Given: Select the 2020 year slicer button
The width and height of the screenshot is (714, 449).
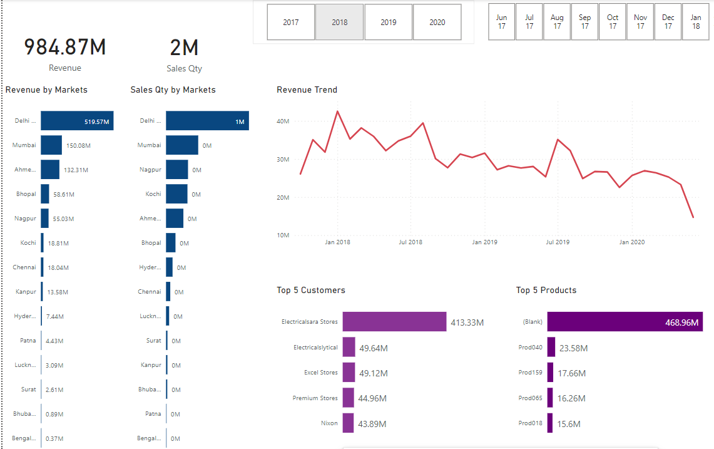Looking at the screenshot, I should (437, 22).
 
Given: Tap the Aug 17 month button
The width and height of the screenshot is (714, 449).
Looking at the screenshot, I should (557, 22).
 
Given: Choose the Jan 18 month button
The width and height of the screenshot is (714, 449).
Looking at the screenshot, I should (695, 22).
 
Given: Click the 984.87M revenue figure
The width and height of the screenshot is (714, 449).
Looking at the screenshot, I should (65, 47).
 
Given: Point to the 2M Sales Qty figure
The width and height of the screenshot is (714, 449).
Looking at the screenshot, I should (184, 48).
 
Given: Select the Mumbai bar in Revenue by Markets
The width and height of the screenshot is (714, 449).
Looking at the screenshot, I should (51, 145).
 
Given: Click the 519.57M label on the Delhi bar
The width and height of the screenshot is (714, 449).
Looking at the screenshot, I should (97, 121).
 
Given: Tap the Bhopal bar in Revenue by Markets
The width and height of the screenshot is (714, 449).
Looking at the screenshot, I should (45, 194).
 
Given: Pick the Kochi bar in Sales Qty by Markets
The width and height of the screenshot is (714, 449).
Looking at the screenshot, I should (176, 194).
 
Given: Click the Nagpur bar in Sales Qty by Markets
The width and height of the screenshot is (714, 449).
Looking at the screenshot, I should (176, 170).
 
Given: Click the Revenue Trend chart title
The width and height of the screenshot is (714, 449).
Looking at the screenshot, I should (307, 90).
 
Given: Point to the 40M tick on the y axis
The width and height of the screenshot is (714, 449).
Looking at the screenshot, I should (282, 121).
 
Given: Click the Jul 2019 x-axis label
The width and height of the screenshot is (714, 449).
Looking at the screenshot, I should (558, 242).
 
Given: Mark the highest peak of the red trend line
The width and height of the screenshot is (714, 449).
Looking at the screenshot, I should (337, 111).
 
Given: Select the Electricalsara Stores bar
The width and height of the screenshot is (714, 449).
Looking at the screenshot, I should (394, 322).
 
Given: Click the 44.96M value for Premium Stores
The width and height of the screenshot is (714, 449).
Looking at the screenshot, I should (373, 398).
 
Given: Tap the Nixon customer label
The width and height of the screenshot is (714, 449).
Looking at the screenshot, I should (329, 423).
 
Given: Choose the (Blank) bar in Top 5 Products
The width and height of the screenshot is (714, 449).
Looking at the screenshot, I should (625, 322).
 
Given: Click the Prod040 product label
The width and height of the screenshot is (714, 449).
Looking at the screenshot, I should (530, 348).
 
